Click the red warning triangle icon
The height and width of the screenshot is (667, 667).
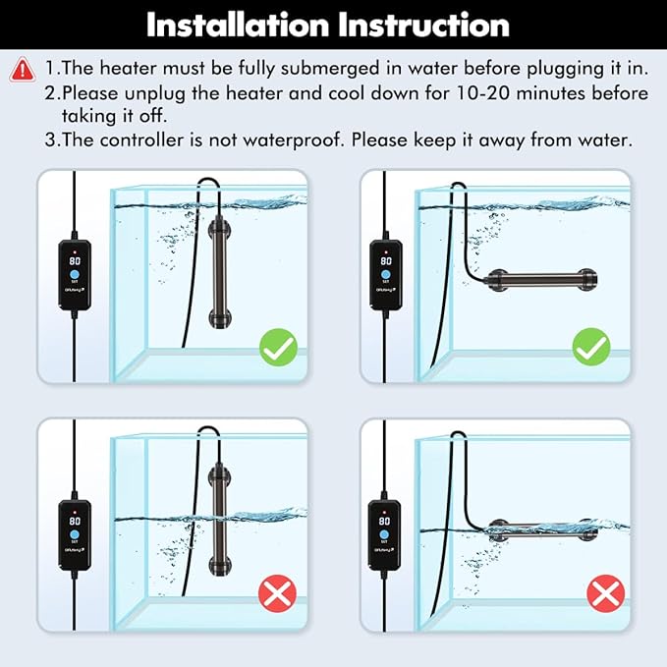[x=22, y=70]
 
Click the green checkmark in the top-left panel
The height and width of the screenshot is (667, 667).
[x=279, y=348]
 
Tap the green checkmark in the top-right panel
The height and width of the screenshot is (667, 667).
[x=591, y=348]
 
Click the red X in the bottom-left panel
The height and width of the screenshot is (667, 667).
[x=279, y=593]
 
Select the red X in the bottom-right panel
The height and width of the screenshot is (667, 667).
[x=605, y=593]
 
